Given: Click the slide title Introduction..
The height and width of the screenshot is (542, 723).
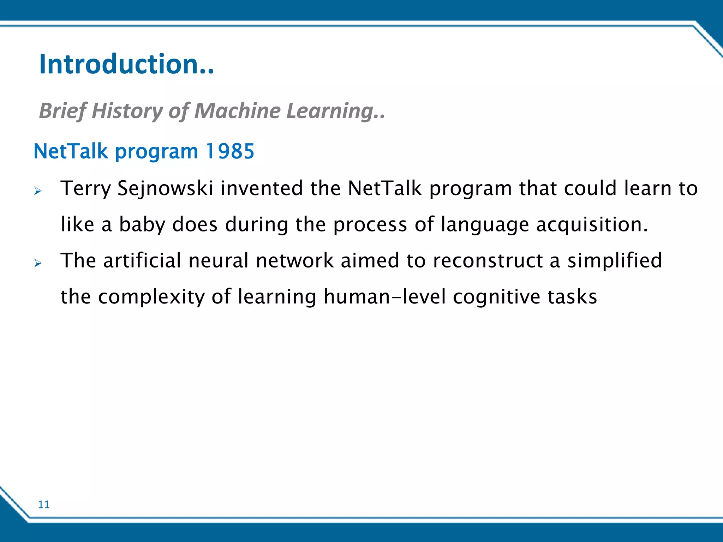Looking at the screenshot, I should pyautogui.click(x=126, y=64).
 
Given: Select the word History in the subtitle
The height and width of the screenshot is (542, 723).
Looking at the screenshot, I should pyautogui.click(x=127, y=111).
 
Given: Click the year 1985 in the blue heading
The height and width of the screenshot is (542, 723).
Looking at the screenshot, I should pyautogui.click(x=230, y=151).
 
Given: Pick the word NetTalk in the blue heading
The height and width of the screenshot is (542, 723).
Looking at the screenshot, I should pyautogui.click(x=71, y=151).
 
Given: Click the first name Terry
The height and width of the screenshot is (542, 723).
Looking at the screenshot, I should pyautogui.click(x=86, y=188).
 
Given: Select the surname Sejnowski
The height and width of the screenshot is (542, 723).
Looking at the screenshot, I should pyautogui.click(x=165, y=188).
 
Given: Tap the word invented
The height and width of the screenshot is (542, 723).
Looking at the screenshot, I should pyautogui.click(x=262, y=188).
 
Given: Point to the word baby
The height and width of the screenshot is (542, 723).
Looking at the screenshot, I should pyautogui.click(x=142, y=225).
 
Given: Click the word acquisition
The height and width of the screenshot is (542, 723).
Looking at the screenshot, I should pyautogui.click(x=592, y=225).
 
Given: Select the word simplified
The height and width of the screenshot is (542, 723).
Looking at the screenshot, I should pyautogui.click(x=615, y=261).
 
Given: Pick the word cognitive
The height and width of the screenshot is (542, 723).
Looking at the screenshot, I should pyautogui.click(x=496, y=297).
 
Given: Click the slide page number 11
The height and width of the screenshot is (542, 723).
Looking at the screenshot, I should pyautogui.click(x=44, y=505).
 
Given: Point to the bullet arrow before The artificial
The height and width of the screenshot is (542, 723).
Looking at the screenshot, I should pyautogui.click(x=38, y=263).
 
